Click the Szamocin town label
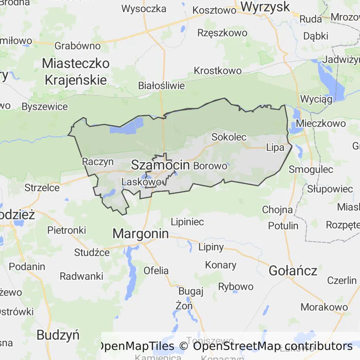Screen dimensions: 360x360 [160, 165]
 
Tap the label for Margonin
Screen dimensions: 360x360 [141, 233]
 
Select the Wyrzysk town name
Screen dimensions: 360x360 [265, 7]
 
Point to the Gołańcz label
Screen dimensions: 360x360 [293, 270]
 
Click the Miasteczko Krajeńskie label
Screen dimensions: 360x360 [75, 71]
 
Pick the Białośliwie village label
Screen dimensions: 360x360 [162, 86]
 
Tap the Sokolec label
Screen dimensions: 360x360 [229, 137]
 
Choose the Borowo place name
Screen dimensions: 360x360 [210, 166]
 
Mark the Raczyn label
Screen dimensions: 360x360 [98, 162]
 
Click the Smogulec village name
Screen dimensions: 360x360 [311, 169]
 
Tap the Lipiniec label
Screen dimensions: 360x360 [187, 222]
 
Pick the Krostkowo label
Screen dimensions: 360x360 [218, 71]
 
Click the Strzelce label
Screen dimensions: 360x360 [42, 188]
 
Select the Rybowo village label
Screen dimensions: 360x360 [236, 286]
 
